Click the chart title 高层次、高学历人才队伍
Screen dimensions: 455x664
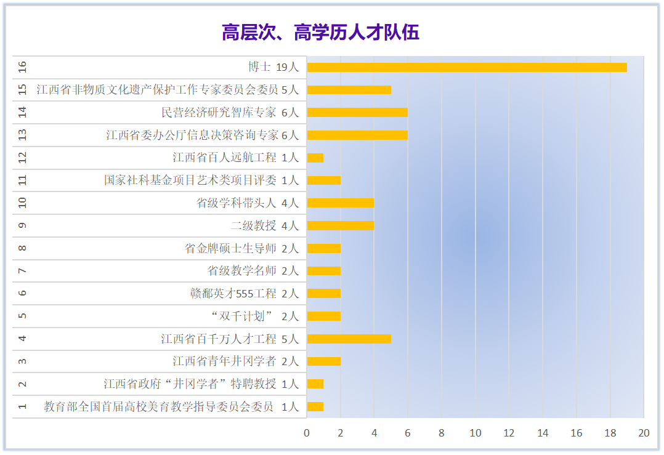click(x=320, y=32)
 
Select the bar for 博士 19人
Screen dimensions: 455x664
click(x=467, y=67)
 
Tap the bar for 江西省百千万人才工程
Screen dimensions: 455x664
click(x=349, y=339)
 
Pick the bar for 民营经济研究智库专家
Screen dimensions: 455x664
click(x=357, y=112)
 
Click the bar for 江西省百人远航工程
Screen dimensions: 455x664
click(x=315, y=158)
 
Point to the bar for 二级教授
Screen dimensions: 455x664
click(x=341, y=225)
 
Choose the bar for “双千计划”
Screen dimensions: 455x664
click(x=324, y=316)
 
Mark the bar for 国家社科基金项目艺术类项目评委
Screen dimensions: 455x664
click(x=324, y=180)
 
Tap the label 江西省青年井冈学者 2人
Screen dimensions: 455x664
click(x=235, y=361)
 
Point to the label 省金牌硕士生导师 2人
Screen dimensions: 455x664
click(x=241, y=248)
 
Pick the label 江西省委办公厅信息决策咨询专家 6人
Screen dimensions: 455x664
click(x=202, y=135)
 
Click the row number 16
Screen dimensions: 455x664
click(x=23, y=67)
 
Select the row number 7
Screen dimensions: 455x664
click(x=23, y=271)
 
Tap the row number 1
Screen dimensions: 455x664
click(x=23, y=406)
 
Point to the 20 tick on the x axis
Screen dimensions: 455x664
click(x=644, y=433)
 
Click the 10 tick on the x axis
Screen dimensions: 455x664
click(x=476, y=433)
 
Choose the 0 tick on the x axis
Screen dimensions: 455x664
click(x=307, y=433)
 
